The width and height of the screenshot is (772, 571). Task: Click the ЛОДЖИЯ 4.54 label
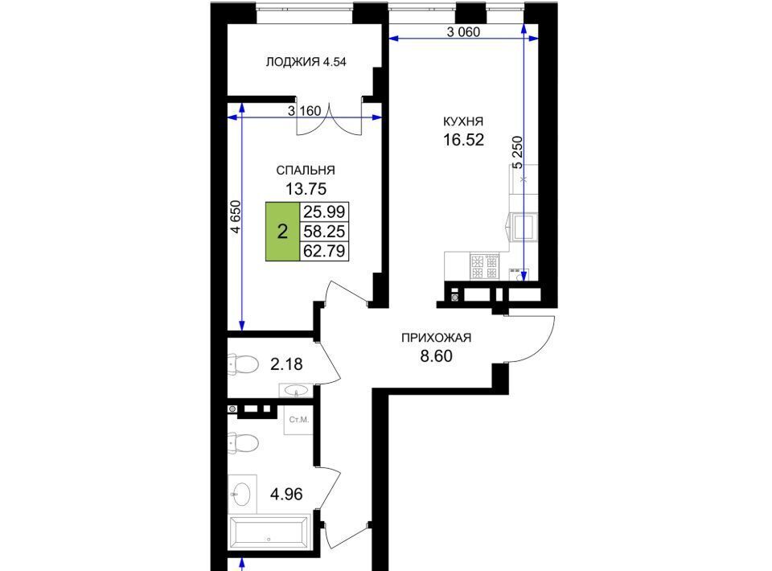click(x=306, y=62)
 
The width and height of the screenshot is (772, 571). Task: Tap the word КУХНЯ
click(x=463, y=121)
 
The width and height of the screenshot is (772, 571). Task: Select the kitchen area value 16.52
click(x=463, y=140)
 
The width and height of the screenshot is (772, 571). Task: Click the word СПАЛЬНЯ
click(x=306, y=170)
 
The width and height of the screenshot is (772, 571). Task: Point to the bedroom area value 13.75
click(x=306, y=188)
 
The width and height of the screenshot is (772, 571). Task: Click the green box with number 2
click(x=282, y=232)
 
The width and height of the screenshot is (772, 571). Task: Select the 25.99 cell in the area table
click(x=324, y=212)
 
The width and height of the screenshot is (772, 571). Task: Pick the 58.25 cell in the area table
click(x=324, y=232)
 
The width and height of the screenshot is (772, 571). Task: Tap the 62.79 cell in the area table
click(x=324, y=251)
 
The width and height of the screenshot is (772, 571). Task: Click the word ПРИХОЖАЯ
click(x=436, y=338)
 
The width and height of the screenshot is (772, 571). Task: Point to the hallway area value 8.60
click(x=436, y=355)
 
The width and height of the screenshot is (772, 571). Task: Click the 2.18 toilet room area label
click(x=286, y=364)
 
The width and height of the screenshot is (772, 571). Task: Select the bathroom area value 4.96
click(x=286, y=494)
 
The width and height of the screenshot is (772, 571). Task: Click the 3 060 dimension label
click(x=463, y=32)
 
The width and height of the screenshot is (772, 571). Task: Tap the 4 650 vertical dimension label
click(x=236, y=216)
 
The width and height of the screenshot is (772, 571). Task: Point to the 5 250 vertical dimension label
click(x=517, y=153)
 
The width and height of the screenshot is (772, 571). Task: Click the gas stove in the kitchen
click(x=484, y=266)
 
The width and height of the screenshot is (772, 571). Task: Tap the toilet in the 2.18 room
click(x=243, y=365)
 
